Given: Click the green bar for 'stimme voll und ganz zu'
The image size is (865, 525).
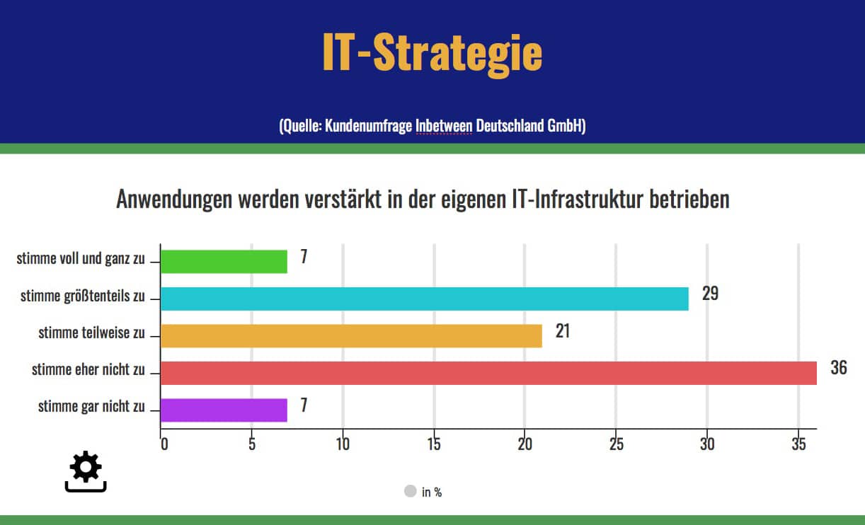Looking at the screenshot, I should click(x=224, y=262).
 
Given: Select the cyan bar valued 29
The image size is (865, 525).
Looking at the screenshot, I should click(x=425, y=299).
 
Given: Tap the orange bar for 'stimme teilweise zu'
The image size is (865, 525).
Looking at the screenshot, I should click(x=351, y=336).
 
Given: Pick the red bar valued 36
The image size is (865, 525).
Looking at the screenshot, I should click(x=488, y=373).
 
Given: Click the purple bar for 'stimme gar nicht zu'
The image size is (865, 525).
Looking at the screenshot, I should click(x=224, y=410).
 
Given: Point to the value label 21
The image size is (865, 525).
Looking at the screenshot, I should click(x=563, y=330).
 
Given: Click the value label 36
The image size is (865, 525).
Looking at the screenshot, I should click(x=838, y=367).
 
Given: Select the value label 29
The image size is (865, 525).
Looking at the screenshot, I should click(x=710, y=293).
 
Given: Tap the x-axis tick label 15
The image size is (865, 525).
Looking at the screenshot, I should click(x=434, y=444).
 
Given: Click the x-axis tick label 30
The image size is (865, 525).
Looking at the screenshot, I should click(x=707, y=444).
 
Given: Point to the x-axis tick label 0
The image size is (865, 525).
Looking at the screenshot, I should click(x=164, y=444).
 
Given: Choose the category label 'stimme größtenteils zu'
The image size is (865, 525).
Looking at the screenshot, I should click(x=82, y=296).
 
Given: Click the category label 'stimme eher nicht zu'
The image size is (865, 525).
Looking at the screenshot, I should click(x=88, y=369).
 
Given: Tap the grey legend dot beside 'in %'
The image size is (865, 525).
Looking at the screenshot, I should click(x=410, y=491).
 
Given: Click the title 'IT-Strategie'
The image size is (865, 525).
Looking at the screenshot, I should click(x=432, y=52).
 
